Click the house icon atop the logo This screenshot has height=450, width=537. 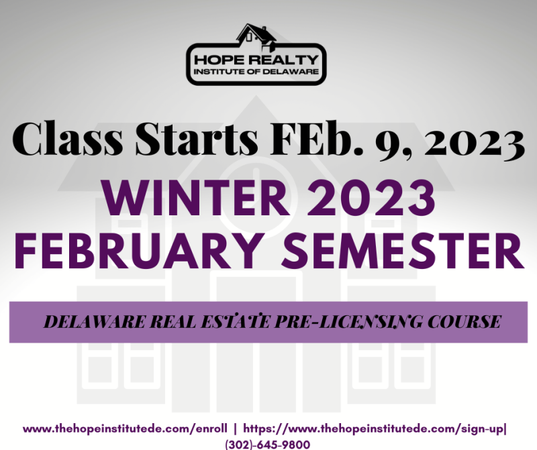256,35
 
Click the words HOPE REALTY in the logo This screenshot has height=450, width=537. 256,60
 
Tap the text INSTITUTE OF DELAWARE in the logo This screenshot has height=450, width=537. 256,72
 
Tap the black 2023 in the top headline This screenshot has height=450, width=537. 473,143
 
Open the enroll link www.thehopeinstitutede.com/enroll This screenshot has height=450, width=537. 125,429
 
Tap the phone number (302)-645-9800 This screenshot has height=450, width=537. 267,445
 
